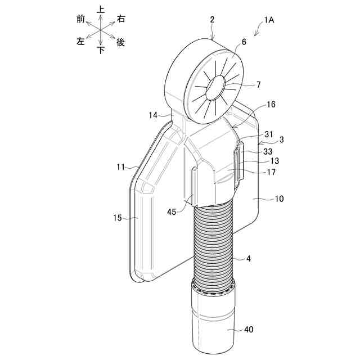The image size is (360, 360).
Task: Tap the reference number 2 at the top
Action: pyautogui.click(x=212, y=20)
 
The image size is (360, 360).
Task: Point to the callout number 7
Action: pyautogui.click(x=258, y=85)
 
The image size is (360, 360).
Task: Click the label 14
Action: pyautogui.click(x=153, y=115)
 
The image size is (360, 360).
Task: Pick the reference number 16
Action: pyautogui.click(x=271, y=105)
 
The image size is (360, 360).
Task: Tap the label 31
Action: pyautogui.click(x=269, y=134)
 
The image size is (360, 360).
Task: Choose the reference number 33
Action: pyautogui.click(x=268, y=151)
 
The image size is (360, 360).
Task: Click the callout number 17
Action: pyautogui.click(x=271, y=172)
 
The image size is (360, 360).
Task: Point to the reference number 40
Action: pyautogui.click(x=248, y=331)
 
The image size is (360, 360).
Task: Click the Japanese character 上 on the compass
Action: pyautogui.click(x=101, y=10)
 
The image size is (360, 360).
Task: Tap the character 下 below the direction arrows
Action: pyautogui.click(x=101, y=50)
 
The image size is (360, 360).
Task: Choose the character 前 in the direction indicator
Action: pyautogui.click(x=80, y=19)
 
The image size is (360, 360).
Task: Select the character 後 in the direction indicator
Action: pyautogui.click(x=120, y=42)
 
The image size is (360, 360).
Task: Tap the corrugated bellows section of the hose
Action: pyautogui.click(x=214, y=242)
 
